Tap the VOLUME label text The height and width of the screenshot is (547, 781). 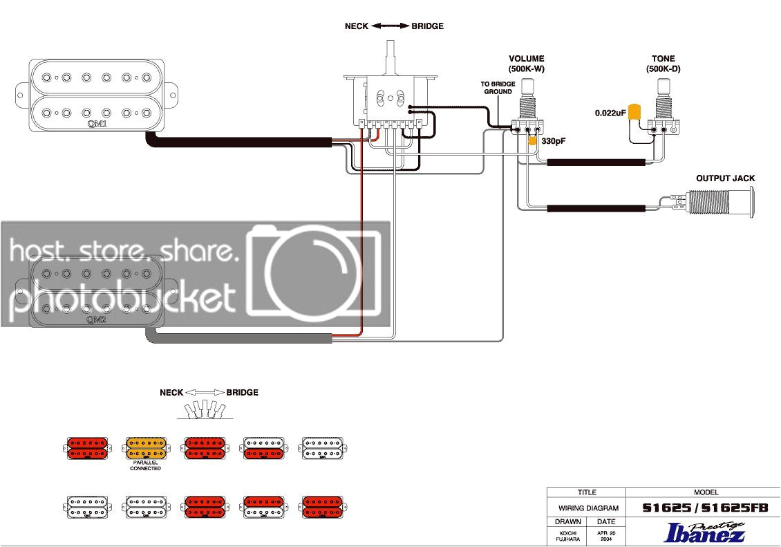[x=527, y=59]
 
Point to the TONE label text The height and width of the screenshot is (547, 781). [x=663, y=59]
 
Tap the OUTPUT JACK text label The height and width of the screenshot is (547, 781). [x=725, y=178]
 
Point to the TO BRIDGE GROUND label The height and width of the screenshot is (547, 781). [x=497, y=88]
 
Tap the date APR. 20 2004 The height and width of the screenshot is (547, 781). [x=606, y=535]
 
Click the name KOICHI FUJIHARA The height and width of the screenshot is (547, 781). [x=566, y=535]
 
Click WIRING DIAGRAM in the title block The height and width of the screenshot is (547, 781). [x=586, y=508]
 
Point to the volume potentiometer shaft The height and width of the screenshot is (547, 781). [x=529, y=89]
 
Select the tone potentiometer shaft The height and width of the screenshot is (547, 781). [x=666, y=89]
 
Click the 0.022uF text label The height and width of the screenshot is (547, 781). [x=610, y=112]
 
